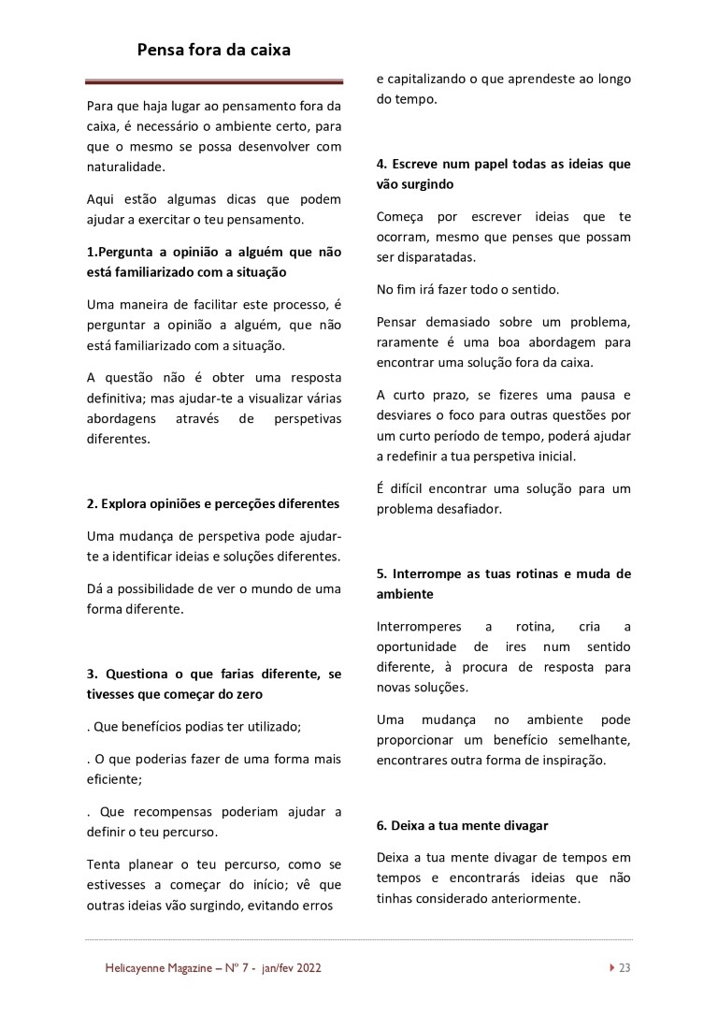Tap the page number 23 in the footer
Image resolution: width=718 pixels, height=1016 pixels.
click(625, 968)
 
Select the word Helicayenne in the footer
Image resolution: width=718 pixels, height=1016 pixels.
click(137, 968)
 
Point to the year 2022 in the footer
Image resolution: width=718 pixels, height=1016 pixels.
click(308, 968)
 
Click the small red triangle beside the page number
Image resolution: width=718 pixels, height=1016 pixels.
click(611, 968)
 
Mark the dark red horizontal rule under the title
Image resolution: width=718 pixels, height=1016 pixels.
click(214, 82)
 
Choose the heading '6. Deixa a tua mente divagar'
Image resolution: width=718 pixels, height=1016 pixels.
click(462, 825)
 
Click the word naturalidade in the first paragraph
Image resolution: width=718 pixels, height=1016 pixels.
click(124, 167)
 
